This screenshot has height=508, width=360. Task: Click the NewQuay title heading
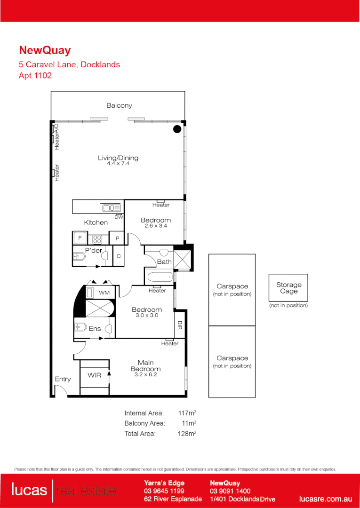45,50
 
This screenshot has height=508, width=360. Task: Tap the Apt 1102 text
35,75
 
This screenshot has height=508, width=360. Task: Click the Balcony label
119,106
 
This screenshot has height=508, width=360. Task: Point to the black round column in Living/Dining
177,129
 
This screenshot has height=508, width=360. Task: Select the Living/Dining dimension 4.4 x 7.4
118,164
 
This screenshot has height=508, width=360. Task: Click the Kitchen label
96,222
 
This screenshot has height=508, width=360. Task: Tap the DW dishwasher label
119,217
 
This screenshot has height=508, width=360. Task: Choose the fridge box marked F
80,238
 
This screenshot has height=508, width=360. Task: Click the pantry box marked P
117,238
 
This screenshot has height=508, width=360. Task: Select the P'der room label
94,251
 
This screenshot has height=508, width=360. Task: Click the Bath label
164,262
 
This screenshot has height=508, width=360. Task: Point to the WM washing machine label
104,293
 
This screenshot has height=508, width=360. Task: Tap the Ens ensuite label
95,329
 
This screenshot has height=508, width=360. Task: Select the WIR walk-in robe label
94,375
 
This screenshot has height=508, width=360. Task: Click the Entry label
63,379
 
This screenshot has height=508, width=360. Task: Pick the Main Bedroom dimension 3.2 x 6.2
146,375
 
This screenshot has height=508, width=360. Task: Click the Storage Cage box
288,287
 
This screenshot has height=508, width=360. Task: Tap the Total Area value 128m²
187,434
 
